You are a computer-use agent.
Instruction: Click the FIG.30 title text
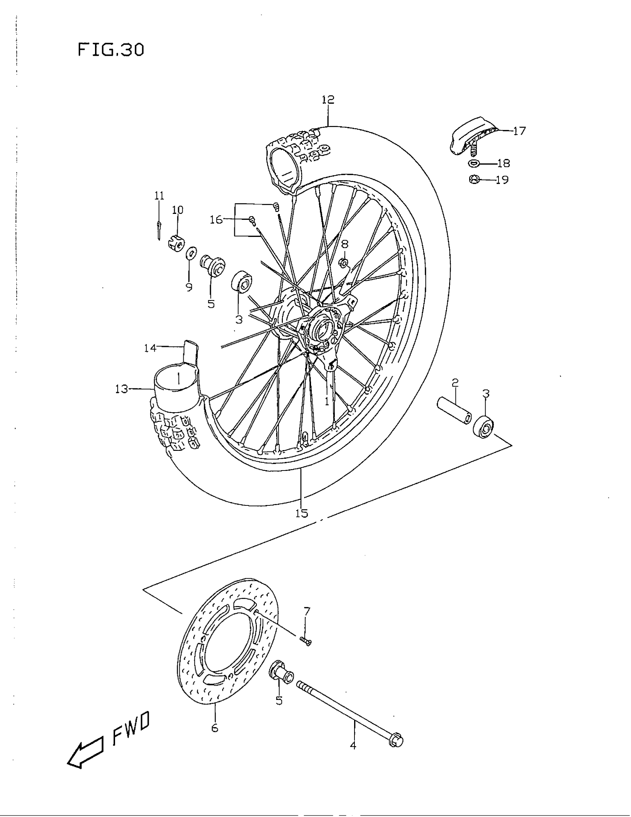click(111, 50)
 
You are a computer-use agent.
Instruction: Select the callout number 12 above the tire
click(328, 100)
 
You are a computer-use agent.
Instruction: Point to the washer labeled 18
click(474, 163)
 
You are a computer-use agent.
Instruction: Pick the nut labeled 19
click(474, 180)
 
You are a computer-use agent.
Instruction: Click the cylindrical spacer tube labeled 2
click(454, 412)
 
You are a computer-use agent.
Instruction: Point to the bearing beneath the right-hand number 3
click(484, 426)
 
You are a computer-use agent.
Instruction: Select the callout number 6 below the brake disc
click(215, 728)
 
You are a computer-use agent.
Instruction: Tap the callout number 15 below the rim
click(301, 513)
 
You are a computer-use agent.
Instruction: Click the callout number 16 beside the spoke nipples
click(216, 219)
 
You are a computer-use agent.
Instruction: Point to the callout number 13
click(121, 389)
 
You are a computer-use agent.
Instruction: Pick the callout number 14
click(150, 348)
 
